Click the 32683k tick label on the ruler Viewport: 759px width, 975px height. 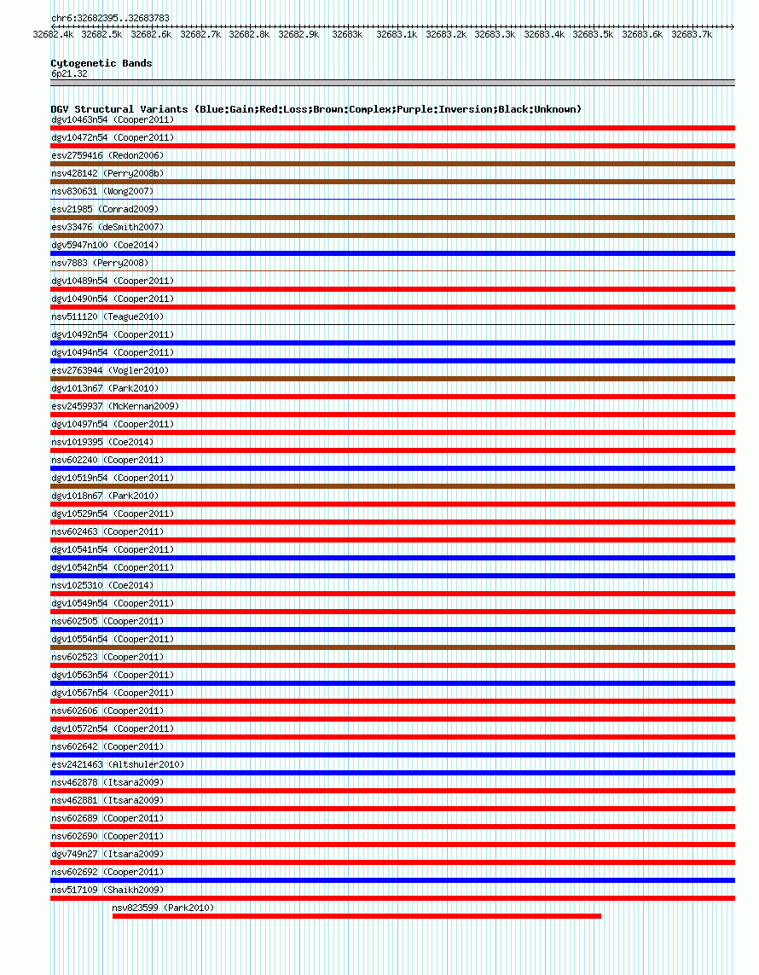click(x=347, y=35)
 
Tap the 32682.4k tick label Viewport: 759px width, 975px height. click(x=53, y=35)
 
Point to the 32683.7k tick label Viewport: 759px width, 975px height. click(x=692, y=35)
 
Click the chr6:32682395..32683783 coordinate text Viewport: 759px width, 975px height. click(x=110, y=18)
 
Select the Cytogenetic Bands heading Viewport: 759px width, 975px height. click(x=101, y=63)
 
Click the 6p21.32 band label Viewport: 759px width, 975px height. click(x=69, y=73)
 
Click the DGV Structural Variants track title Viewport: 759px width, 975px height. click(x=316, y=109)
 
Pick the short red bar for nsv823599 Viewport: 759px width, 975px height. click(x=356, y=916)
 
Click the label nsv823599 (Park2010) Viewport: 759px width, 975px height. click(x=163, y=908)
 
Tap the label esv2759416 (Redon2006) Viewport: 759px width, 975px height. click(x=107, y=155)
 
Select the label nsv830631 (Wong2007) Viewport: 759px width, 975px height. click(x=102, y=191)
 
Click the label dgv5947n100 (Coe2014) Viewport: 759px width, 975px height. click(x=105, y=245)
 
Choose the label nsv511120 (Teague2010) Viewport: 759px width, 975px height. click(x=107, y=316)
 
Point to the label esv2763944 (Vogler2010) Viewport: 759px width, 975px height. click(x=110, y=370)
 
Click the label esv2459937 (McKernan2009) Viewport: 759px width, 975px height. click(x=115, y=406)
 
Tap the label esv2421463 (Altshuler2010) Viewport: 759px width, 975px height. click(x=118, y=764)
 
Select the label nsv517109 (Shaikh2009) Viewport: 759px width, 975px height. click(x=107, y=890)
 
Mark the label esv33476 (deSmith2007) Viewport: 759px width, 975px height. click(x=107, y=227)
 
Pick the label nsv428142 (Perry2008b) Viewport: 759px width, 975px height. click(x=107, y=173)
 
